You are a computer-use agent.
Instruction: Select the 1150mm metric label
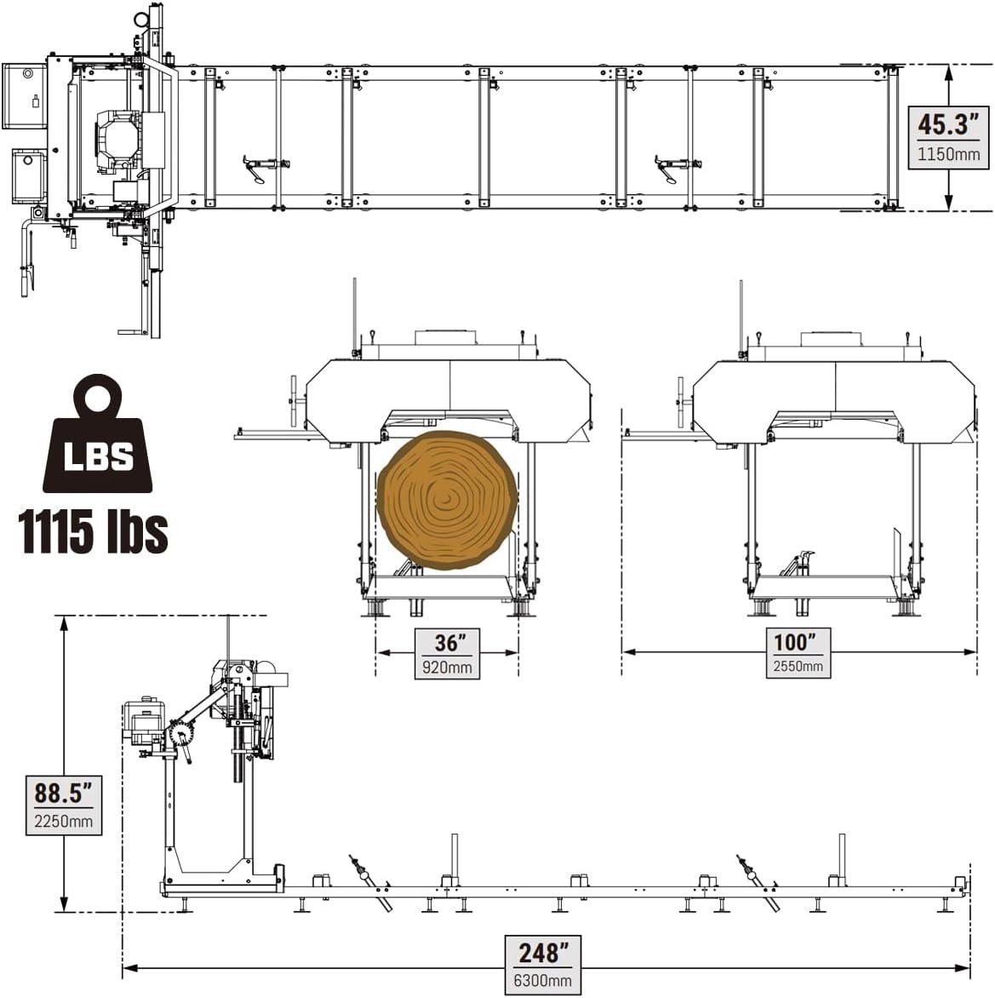click(948, 155)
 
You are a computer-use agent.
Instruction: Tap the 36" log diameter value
click(447, 643)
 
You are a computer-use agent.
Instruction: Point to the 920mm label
click(447, 667)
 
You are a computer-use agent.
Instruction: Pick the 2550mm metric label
click(798, 666)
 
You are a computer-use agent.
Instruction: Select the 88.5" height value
click(63, 793)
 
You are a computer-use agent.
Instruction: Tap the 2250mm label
click(63, 823)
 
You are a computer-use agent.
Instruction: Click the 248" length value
click(543, 952)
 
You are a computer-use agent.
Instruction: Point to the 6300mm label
click(543, 980)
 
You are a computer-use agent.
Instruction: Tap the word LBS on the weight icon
click(99, 456)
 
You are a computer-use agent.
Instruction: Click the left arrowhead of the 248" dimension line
click(129, 967)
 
